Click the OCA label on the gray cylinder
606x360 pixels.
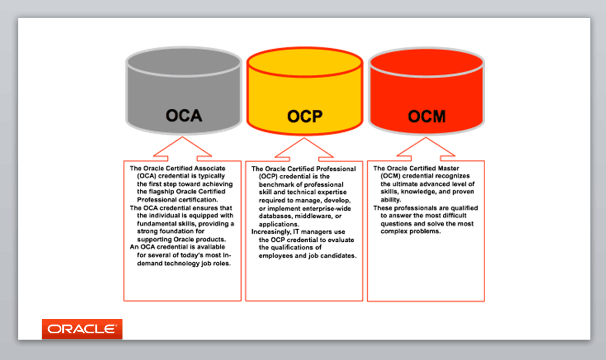(184, 116)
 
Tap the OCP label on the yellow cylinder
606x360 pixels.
(305, 116)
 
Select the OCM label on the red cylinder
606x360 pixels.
(427, 116)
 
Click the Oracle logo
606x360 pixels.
(82, 329)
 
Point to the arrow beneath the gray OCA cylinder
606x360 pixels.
(183, 149)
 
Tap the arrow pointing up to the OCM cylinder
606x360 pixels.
(426, 149)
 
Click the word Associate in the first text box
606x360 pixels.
(210, 168)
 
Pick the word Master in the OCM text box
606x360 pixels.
(448, 168)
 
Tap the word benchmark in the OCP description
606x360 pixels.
(276, 185)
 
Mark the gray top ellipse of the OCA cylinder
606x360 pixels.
(184, 63)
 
